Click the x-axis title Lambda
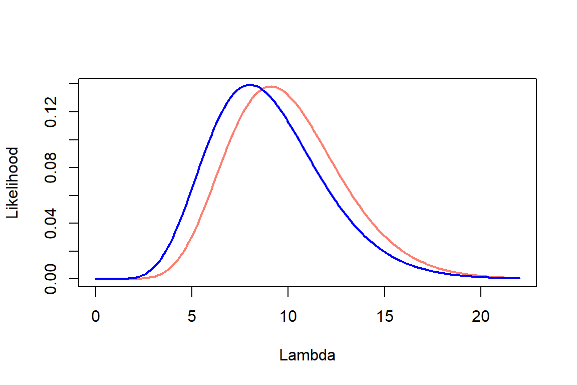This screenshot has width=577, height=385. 307,355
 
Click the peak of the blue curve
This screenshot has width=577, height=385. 249,85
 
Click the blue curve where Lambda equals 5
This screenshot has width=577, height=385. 192,191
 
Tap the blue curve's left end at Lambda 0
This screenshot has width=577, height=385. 96,278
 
